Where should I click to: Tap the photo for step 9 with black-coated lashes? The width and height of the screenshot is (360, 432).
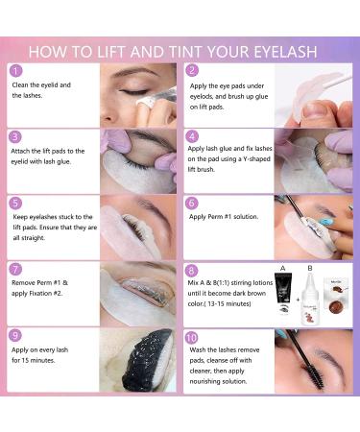[x=139, y=359]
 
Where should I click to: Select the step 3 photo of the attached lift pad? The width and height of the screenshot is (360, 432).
[x=139, y=159]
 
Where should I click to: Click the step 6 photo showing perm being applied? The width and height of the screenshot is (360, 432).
[x=312, y=227]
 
